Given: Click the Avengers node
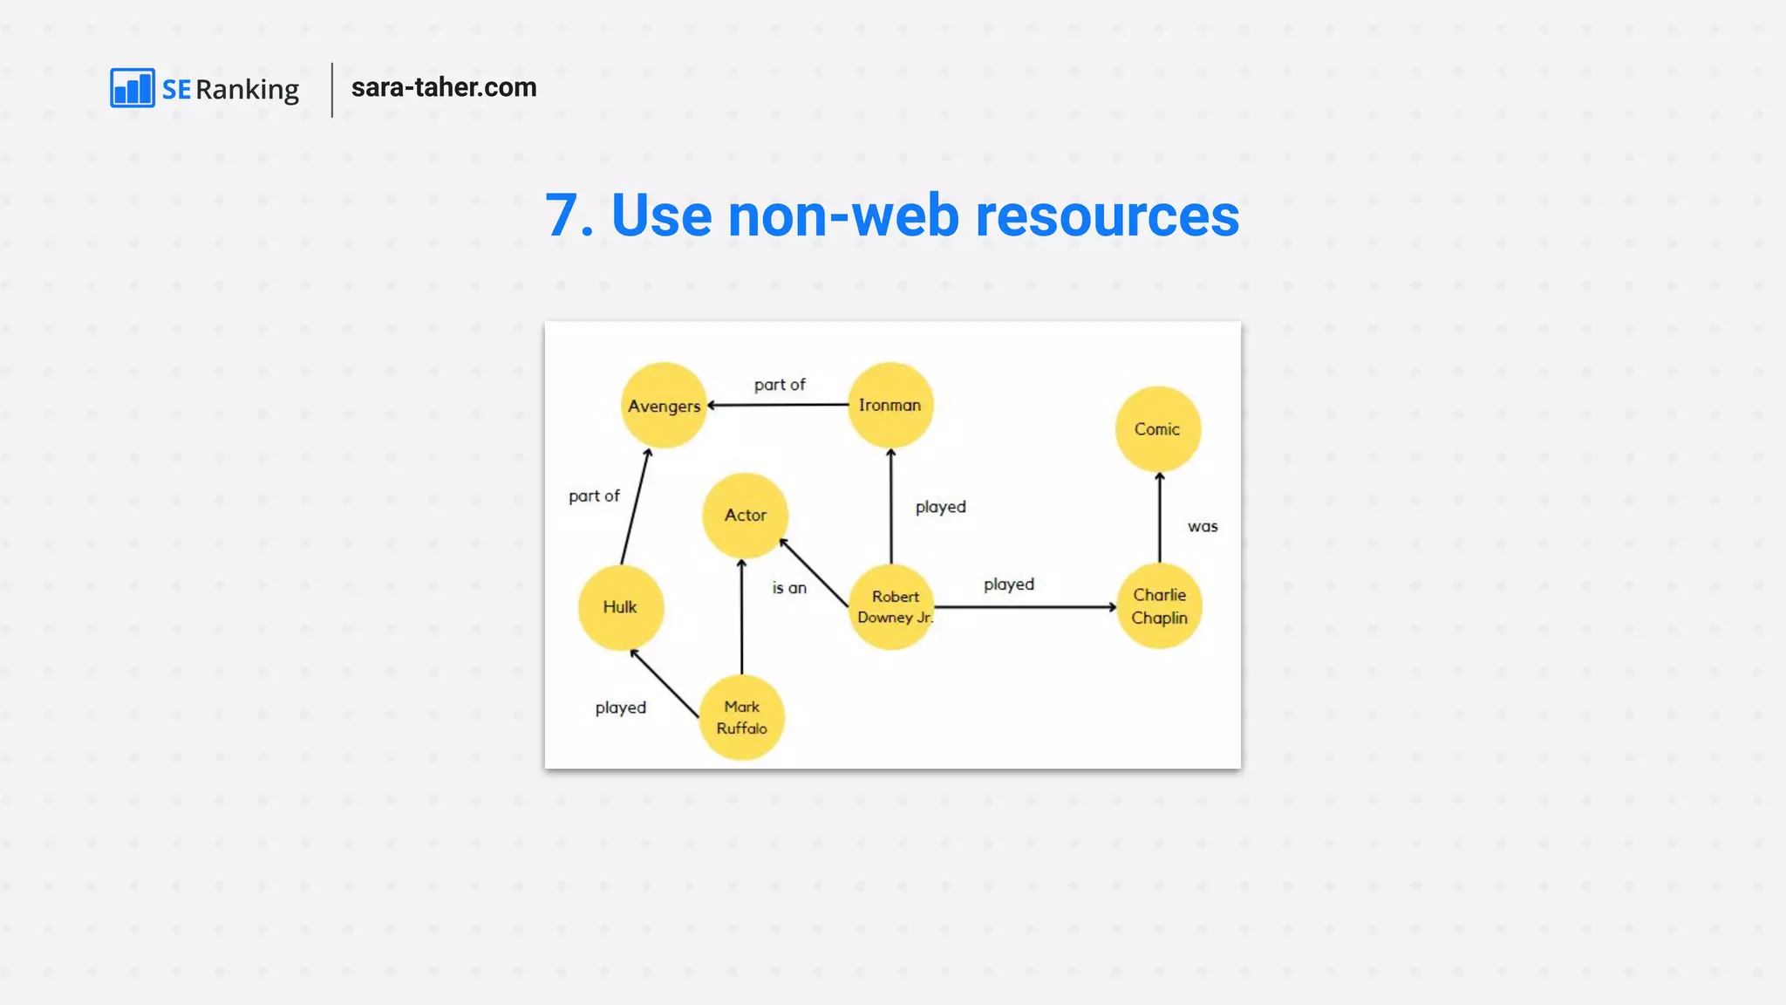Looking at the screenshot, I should (x=664, y=406).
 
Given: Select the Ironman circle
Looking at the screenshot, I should (x=890, y=405).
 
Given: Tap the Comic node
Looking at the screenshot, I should (x=1158, y=429).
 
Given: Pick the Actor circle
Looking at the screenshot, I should (x=746, y=516).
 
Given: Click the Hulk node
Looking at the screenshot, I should (x=621, y=607).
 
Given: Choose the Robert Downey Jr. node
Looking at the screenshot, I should (x=891, y=607).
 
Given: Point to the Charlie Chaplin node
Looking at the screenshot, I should (x=1159, y=606).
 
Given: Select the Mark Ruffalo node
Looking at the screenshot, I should (x=742, y=717).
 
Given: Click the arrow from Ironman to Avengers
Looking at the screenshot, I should (x=778, y=405).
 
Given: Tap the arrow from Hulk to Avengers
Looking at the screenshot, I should (x=635, y=507).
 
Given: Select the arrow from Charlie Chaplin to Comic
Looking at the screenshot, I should (x=1160, y=518).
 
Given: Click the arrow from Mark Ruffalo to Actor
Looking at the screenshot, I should (x=742, y=617).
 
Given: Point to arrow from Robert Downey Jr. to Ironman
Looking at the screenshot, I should (x=890, y=507).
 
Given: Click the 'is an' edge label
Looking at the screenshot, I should (x=789, y=588).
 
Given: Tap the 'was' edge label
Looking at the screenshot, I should (x=1203, y=527).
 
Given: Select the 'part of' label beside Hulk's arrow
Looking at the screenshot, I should (x=594, y=496).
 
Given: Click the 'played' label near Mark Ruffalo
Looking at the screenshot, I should (x=621, y=708).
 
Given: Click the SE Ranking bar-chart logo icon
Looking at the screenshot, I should (x=133, y=88).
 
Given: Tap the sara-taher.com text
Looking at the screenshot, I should (x=444, y=87).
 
